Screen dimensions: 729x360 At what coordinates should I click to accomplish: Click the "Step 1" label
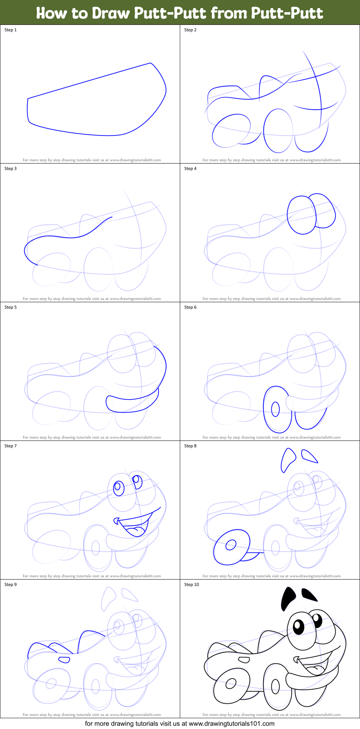pos(10,30)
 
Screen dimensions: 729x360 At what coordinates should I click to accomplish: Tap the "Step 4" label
pos(190,169)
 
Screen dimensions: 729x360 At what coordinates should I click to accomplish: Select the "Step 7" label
pos(10,446)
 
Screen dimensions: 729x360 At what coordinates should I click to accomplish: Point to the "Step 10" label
pos(192,585)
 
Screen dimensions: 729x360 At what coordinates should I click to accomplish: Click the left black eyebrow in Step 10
pos(288,598)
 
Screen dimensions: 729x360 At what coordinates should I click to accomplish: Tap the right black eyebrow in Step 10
pos(309,595)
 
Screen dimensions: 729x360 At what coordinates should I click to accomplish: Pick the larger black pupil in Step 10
pos(299,627)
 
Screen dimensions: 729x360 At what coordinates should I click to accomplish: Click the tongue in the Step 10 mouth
pos(316,669)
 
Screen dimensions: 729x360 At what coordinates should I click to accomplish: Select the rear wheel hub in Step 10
pos(230,683)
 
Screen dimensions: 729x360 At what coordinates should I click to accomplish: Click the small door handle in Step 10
pos(244,659)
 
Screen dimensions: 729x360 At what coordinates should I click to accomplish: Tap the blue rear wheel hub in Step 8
pos(231,545)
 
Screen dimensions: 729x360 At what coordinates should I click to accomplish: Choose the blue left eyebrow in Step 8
pos(288,460)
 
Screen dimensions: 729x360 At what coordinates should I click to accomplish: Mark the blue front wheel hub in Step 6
pos(275,409)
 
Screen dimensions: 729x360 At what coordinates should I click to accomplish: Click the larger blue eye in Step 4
pos(302,215)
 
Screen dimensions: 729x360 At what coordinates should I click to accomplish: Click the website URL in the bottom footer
pos(231,723)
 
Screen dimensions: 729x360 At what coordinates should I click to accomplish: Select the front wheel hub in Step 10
pos(275,686)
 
